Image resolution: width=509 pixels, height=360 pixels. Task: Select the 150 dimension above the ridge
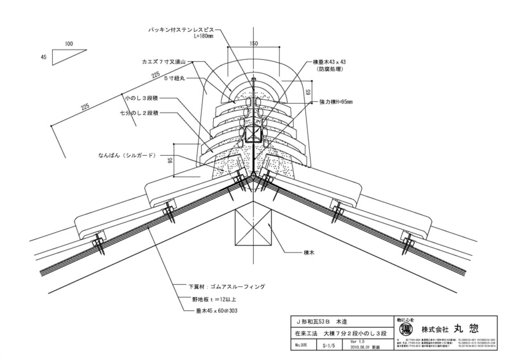254,43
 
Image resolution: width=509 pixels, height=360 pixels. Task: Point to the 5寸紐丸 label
172,78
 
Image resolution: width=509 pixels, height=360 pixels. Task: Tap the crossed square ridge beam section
254,230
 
